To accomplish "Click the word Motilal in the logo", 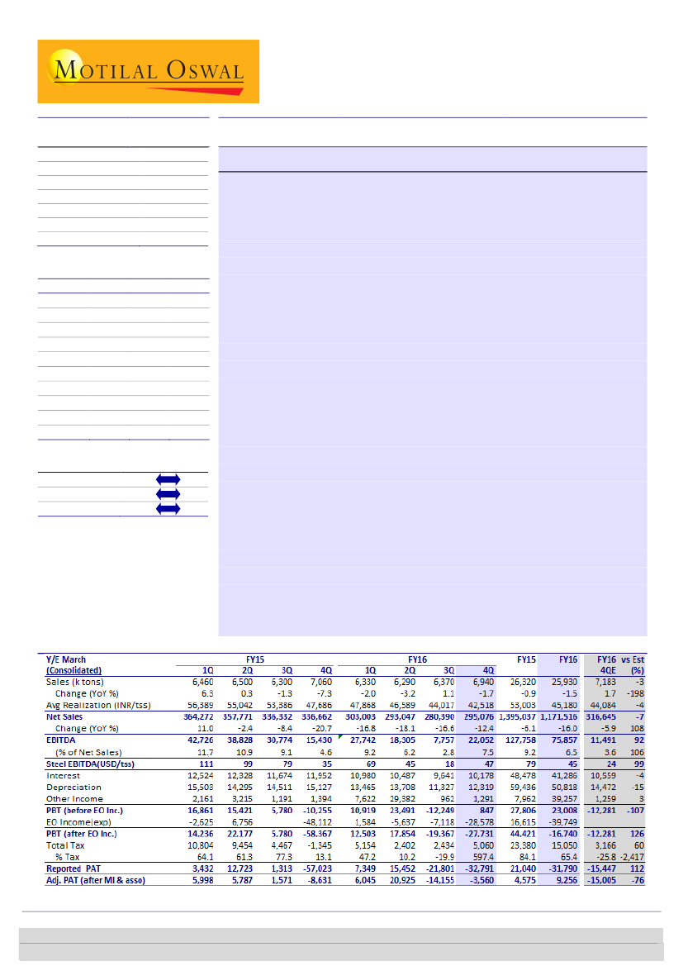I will click(101, 69).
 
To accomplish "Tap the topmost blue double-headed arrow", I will click(167, 479).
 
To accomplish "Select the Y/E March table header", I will click(65, 659).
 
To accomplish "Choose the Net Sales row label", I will click(65, 717).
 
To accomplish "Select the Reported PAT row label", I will click(75, 868).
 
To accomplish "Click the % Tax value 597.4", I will click(483, 857).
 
